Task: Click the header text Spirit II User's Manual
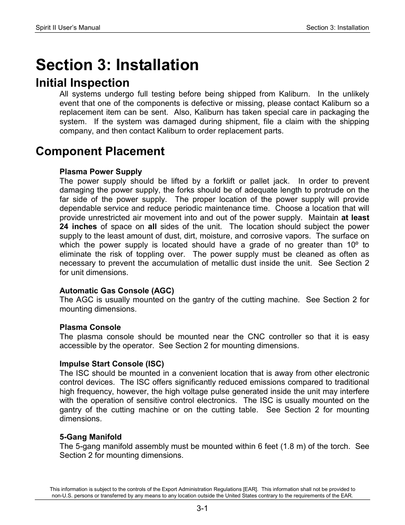[68, 28]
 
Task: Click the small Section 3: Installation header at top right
[337, 28]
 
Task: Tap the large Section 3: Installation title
[117, 65]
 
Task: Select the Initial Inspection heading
[82, 83]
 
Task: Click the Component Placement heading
[100, 151]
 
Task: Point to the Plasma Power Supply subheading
[101, 172]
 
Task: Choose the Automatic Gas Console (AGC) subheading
[117, 291]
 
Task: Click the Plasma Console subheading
[90, 327]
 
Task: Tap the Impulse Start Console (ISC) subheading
[112, 364]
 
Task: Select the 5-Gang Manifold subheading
[90, 437]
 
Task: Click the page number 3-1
[202, 509]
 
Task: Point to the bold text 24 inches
[78, 227]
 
